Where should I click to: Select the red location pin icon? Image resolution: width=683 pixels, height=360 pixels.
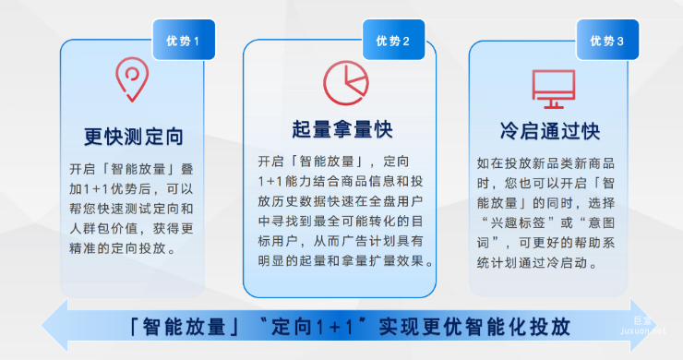point(132,79)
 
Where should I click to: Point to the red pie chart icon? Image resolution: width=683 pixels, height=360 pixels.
point(342,80)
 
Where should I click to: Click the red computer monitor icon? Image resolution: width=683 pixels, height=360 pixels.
point(554,86)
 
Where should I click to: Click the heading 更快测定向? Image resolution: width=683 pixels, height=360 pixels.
point(133,137)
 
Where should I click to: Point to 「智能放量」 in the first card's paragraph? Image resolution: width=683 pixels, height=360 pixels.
point(145,169)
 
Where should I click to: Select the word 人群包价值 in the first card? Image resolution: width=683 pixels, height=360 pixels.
point(107,229)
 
